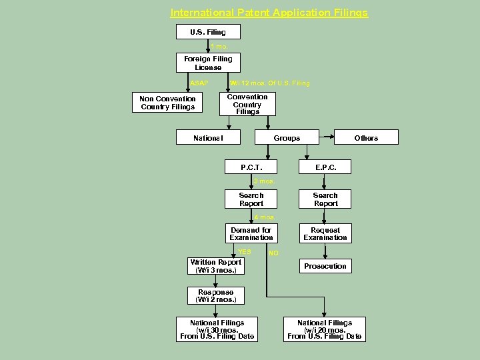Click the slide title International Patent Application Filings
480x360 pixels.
269,13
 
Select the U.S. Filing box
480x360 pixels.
208,32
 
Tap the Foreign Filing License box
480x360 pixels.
208,63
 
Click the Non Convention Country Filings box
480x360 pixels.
167,103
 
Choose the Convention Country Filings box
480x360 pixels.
247,105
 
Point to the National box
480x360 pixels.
208,137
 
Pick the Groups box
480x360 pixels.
287,137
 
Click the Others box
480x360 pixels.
366,137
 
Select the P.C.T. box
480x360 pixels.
251,167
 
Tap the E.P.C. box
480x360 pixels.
325,167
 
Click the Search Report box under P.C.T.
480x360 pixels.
251,199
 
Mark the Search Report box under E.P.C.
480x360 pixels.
325,199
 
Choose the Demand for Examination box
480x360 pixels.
251,233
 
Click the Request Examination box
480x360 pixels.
325,233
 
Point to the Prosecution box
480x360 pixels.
325,266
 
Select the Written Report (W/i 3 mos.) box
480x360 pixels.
216,266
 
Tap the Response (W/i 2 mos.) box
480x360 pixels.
216,296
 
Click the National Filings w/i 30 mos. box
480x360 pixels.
217,330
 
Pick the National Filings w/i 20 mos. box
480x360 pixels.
325,330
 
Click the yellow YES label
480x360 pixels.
245,251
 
